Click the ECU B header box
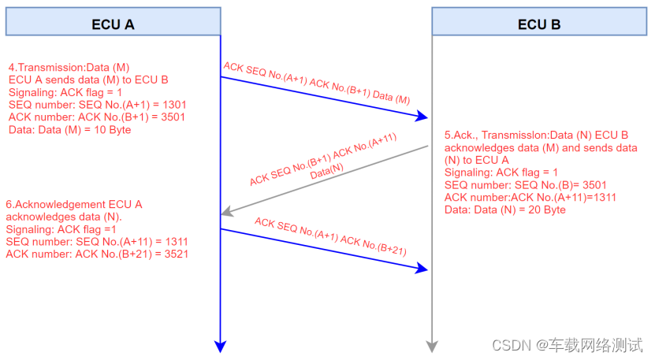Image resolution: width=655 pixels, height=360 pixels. tap(539, 24)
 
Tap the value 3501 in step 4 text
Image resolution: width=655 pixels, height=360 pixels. tap(173, 117)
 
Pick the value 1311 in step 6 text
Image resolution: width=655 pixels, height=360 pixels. tap(173, 242)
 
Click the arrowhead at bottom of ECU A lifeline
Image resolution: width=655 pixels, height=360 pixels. tap(221, 346)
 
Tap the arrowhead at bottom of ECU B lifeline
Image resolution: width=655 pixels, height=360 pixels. tap(431, 346)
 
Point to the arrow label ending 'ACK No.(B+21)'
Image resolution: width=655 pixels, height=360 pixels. tap(330, 237)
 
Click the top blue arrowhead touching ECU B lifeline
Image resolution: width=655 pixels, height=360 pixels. tap(424, 117)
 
